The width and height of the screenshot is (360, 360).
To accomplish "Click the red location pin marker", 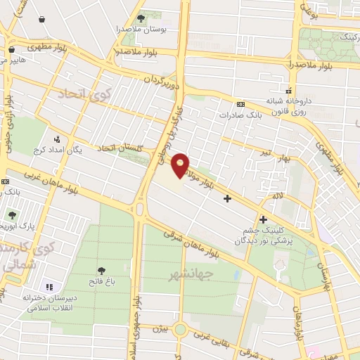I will pyautogui.click(x=181, y=164).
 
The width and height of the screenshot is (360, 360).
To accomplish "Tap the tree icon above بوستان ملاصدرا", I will pyautogui.click(x=141, y=18).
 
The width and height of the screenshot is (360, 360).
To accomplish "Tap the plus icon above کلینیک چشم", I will pyautogui.click(x=264, y=219).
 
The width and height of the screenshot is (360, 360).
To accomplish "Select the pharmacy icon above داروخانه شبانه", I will pyautogui.click(x=288, y=90).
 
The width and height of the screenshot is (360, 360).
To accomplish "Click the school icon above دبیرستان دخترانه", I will pyautogui.click(x=49, y=287).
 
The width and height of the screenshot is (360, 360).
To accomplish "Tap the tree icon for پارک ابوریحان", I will pyautogui.click(x=11, y=215).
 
